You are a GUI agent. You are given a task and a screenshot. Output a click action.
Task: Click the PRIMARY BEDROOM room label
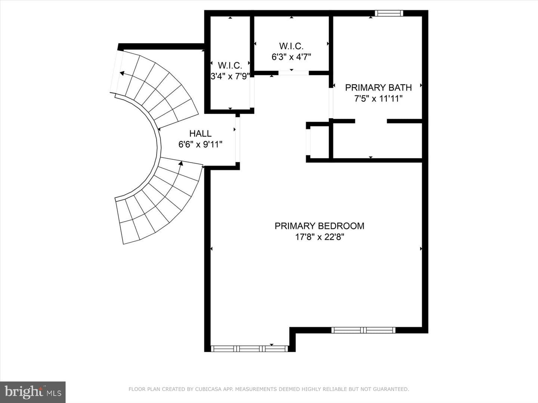pos(319,226)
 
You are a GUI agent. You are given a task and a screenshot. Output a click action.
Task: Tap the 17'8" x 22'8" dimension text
pos(319,237)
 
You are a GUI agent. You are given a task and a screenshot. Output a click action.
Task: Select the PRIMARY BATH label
pos(378,87)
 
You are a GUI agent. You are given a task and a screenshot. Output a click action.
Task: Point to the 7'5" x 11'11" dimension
pos(378,99)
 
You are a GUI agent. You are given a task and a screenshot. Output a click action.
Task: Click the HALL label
pos(200,133)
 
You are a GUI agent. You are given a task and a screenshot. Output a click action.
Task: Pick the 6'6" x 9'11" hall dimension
pos(200,144)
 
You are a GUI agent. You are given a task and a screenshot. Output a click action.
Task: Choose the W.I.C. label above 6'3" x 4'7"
pos(291,46)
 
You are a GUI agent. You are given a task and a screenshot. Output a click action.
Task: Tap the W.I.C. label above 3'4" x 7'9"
pos(230,65)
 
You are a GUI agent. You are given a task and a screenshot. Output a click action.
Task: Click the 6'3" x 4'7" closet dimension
pos(291,57)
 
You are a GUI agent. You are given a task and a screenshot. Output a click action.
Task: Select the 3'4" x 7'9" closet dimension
pos(230,76)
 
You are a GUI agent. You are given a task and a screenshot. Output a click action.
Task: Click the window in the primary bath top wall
pos(389,13)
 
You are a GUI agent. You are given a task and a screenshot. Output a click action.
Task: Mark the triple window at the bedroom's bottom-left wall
pos(250,349)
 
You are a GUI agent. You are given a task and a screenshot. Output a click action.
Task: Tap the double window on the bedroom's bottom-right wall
pos(364,330)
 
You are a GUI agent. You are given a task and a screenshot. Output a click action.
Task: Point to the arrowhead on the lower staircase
pos(181,163)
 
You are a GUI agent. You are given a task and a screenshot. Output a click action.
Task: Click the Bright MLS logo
pos(33,392)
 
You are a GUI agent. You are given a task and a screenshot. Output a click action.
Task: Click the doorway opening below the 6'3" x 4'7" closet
pos(293,73)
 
